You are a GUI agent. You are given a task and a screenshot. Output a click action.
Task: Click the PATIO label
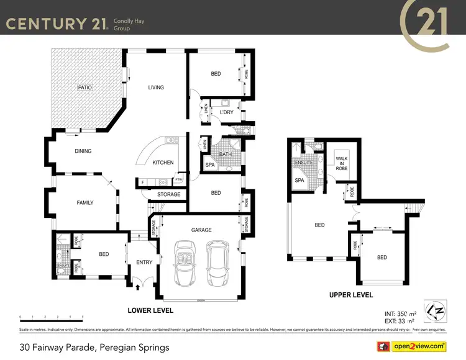85,88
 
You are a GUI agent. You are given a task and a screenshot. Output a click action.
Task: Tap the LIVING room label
156,88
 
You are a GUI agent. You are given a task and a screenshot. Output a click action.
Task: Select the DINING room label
83,151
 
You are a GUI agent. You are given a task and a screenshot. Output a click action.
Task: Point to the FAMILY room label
85,202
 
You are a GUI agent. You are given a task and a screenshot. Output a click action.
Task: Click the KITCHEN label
163,163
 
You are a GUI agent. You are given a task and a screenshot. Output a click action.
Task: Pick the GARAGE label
201,230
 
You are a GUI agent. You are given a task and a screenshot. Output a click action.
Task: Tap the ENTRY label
144,262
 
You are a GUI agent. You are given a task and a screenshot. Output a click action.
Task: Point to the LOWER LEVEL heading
150,310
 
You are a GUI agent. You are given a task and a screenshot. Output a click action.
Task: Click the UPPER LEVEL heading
351,295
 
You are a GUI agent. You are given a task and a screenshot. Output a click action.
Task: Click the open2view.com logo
418,346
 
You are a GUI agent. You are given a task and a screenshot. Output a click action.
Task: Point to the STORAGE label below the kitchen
168,195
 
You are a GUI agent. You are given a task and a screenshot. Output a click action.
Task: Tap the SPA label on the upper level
299,181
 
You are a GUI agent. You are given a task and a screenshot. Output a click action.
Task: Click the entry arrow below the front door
137,287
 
